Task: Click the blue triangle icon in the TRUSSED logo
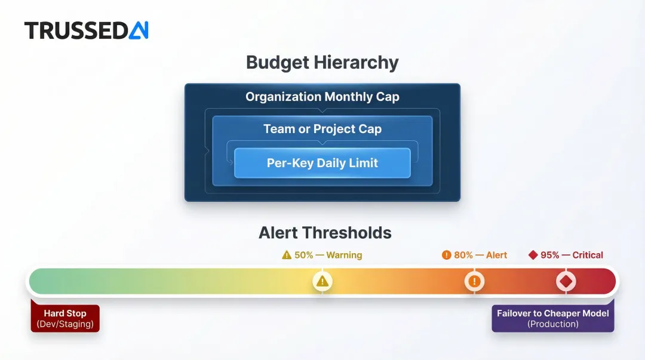click(139, 30)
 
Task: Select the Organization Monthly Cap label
click(322, 97)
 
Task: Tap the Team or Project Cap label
click(322, 129)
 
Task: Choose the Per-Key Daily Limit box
click(322, 163)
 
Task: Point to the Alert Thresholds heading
click(325, 232)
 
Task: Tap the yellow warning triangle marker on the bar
click(322, 281)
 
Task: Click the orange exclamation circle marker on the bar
click(474, 281)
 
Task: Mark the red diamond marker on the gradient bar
click(566, 281)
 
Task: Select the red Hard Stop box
click(65, 319)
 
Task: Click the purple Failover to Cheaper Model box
click(552, 319)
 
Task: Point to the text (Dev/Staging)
click(65, 324)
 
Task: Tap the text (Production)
click(552, 324)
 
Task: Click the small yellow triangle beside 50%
click(287, 255)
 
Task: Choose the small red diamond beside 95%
click(533, 255)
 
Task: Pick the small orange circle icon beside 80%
click(446, 255)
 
